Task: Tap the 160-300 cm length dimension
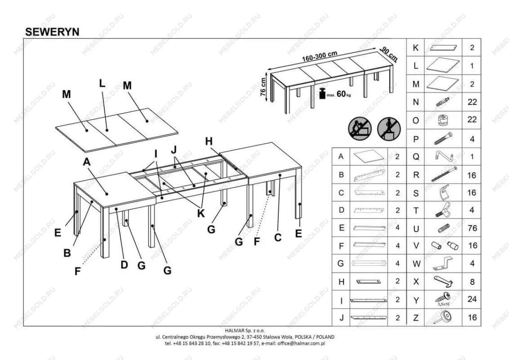tap(320, 57)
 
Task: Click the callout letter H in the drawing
tap(209, 141)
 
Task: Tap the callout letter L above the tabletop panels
tap(102, 83)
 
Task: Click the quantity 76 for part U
tap(472, 228)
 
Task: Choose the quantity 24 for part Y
tap(472, 299)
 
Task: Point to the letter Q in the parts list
tap(416, 157)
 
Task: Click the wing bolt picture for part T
tap(442, 210)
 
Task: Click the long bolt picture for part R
tap(443, 174)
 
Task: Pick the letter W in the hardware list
tap(416, 264)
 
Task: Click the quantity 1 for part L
tap(472, 66)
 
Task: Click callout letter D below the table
tap(124, 265)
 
